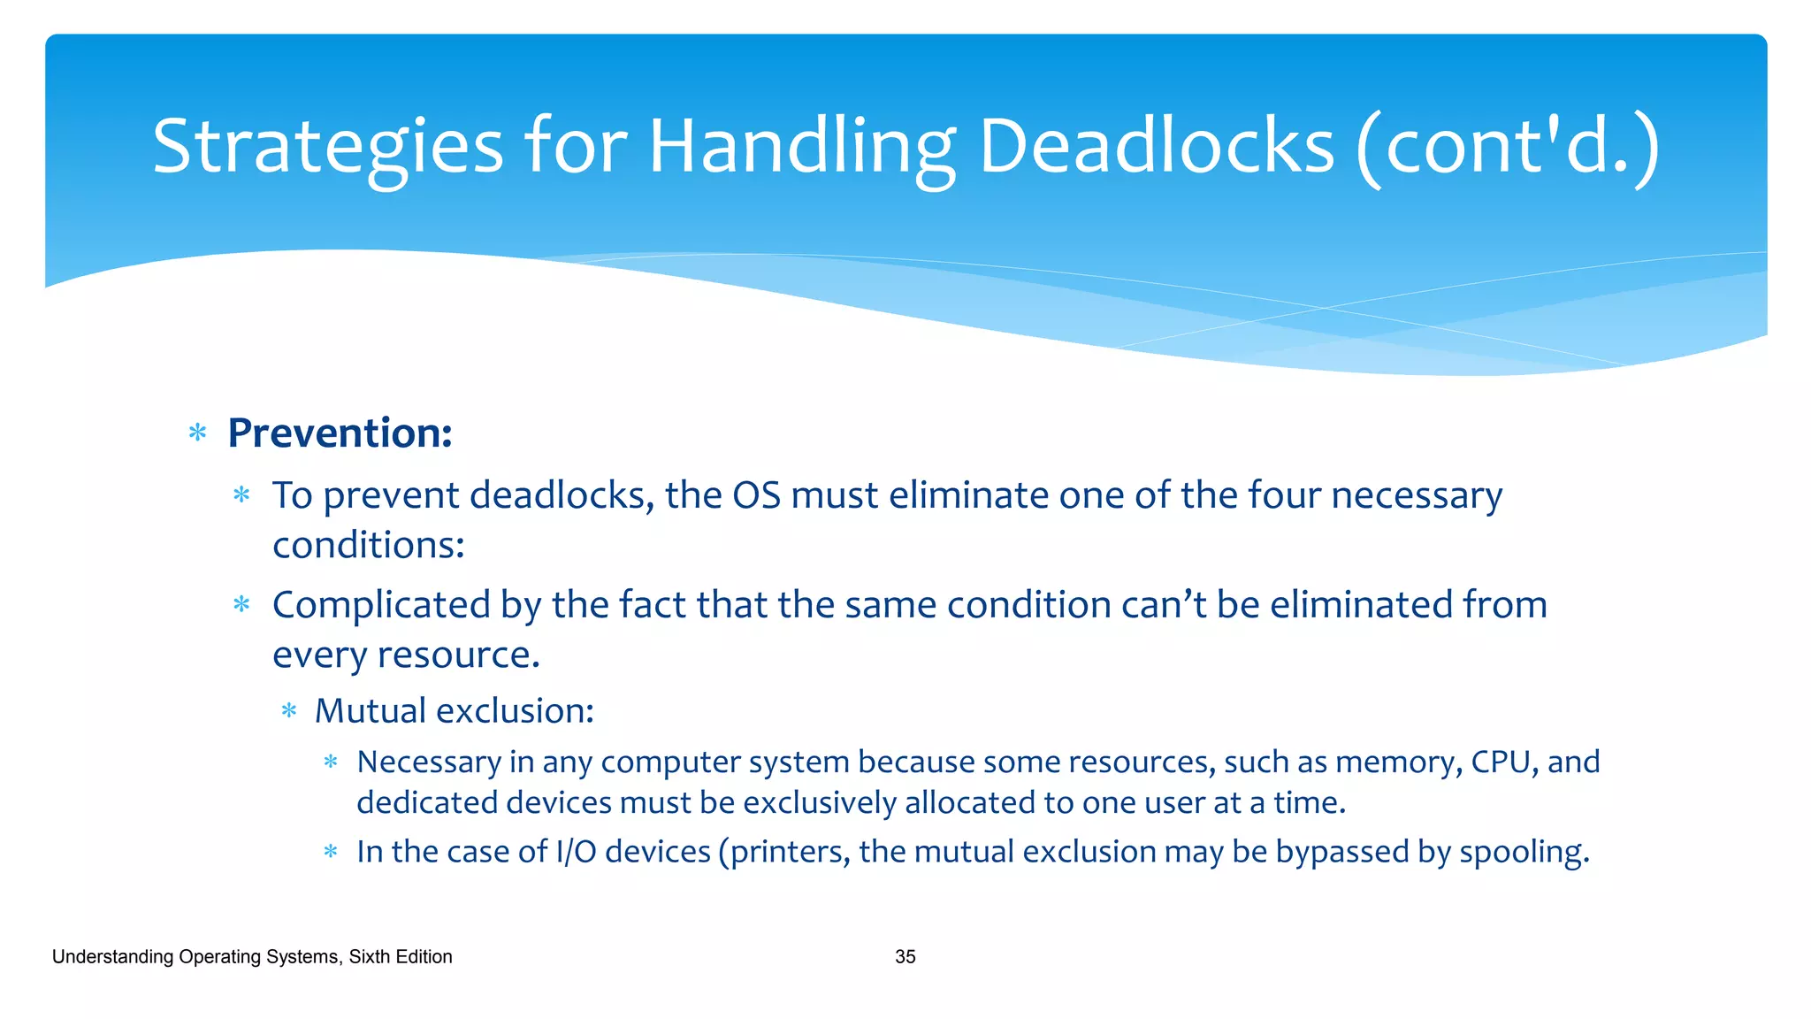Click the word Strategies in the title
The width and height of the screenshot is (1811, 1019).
pyautogui.click(x=327, y=147)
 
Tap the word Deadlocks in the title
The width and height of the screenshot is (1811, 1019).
pyautogui.click(x=1156, y=147)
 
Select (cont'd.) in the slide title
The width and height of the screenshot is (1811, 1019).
pyautogui.click(x=1508, y=147)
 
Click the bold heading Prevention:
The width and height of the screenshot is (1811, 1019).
pyautogui.click(x=340, y=433)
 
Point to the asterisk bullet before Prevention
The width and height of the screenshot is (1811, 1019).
pyautogui.click(x=198, y=433)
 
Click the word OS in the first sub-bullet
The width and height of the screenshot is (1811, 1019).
pyautogui.click(x=756, y=495)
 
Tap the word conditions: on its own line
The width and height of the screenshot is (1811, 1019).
pyautogui.click(x=368, y=545)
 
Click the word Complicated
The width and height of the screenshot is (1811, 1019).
pyautogui.click(x=381, y=606)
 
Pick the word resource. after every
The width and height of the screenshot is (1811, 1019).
pyautogui.click(x=458, y=655)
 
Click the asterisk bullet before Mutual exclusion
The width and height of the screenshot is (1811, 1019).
pyautogui.click(x=289, y=711)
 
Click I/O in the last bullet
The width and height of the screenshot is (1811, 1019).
pyautogui.click(x=576, y=852)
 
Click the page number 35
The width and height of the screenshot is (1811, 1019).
pyautogui.click(x=905, y=957)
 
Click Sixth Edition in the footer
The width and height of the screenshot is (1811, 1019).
pyautogui.click(x=401, y=957)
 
